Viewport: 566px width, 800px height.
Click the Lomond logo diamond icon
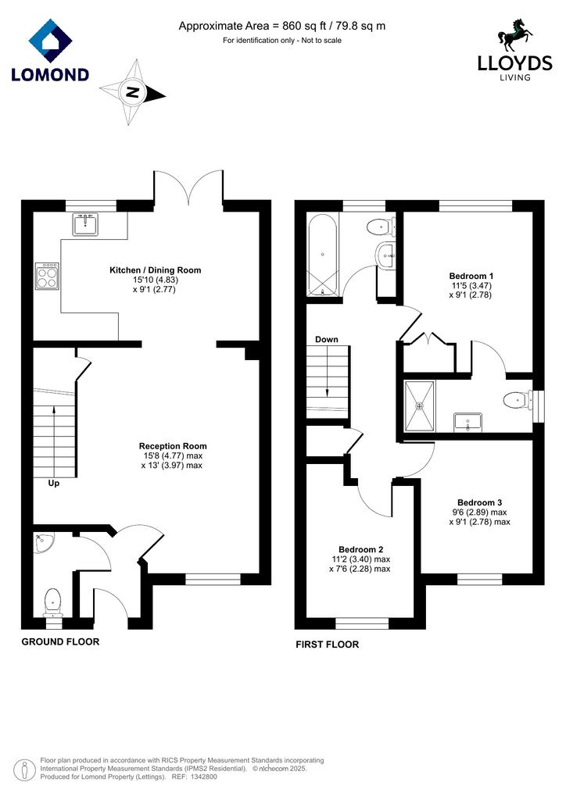[51, 41]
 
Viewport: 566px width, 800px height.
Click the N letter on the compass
[133, 92]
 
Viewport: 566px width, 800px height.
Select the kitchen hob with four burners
[47, 276]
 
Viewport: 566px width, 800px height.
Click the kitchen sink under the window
[85, 224]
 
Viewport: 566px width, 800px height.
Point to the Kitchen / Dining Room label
[155, 270]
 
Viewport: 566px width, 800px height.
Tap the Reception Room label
[173, 446]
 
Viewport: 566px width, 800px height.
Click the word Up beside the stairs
[54, 483]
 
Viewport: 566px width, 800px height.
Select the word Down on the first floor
[327, 339]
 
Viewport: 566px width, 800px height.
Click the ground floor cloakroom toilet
[52, 603]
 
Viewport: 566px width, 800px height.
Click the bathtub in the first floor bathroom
[323, 255]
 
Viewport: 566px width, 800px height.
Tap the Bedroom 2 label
[361, 549]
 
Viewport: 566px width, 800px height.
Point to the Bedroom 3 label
[480, 502]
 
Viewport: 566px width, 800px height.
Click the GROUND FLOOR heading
[60, 642]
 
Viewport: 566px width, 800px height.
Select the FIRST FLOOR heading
[327, 645]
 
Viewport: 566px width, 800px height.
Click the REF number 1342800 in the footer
[203, 777]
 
